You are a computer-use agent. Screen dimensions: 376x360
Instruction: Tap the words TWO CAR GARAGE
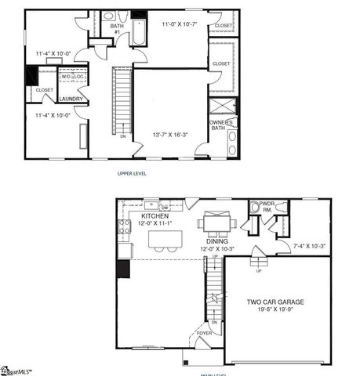tap(275, 302)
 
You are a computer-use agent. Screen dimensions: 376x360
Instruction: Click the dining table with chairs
tap(216, 224)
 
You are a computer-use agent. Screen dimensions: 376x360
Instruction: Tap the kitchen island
tap(166, 239)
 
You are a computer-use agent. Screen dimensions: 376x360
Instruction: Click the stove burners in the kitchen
tap(124, 227)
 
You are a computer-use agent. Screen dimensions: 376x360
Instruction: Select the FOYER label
tap(204, 333)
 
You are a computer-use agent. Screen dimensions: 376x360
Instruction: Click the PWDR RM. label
tap(267, 208)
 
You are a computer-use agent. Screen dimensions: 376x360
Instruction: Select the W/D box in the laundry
tap(65, 77)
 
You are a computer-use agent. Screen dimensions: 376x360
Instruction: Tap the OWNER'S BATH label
tap(220, 125)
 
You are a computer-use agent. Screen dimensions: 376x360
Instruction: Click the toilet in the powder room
tap(254, 209)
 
